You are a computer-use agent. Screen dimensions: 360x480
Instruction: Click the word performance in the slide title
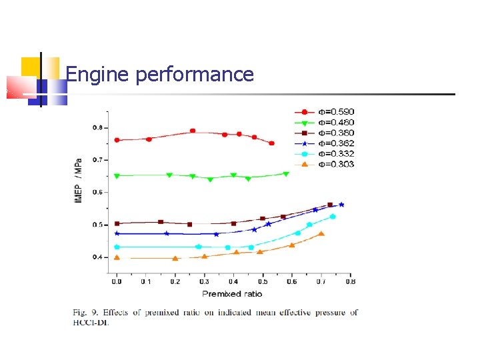(x=195, y=75)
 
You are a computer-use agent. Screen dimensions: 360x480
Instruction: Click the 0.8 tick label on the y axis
(x=98, y=127)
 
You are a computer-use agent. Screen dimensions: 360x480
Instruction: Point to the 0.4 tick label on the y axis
(x=98, y=257)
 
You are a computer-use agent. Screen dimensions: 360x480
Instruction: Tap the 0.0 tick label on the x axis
(x=117, y=282)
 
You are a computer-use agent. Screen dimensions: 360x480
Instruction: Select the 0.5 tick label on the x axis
(x=263, y=282)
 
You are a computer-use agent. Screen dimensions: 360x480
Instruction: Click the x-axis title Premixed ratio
(x=232, y=293)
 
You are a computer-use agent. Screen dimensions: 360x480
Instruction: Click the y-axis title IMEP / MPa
(x=79, y=181)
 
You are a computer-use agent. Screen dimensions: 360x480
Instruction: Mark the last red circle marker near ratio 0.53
(x=271, y=143)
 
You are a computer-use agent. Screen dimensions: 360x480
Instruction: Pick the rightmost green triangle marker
(x=286, y=174)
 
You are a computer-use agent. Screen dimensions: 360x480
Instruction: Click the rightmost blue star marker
(x=341, y=205)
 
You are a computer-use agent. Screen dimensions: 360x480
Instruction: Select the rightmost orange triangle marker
(x=321, y=233)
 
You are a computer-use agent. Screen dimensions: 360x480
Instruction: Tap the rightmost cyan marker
(x=333, y=217)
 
